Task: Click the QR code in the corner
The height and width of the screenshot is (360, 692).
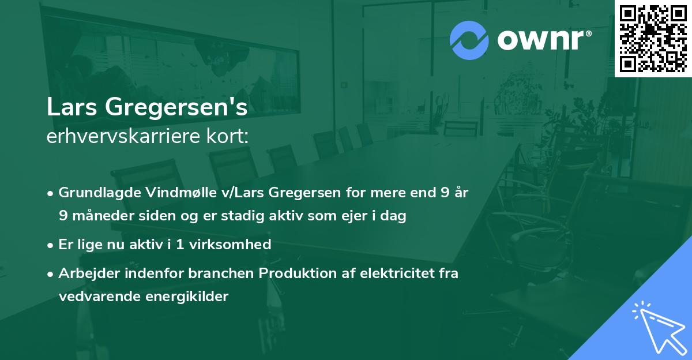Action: tap(653, 38)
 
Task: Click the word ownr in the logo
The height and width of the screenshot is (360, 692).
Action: tap(542, 40)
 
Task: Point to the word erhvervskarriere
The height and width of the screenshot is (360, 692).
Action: tap(120, 137)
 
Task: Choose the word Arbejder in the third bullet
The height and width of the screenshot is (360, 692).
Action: tap(85, 273)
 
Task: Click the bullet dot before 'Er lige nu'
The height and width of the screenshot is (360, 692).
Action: tap(51, 245)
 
